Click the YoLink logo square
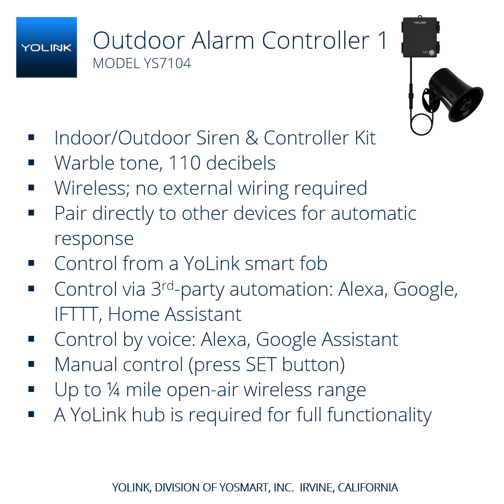click(46, 47)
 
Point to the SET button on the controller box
click(432, 52)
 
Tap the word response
click(94, 239)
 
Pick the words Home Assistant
click(174, 315)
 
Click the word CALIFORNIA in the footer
click(368, 488)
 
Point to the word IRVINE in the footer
click(317, 488)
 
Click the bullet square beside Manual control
click(32, 364)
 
